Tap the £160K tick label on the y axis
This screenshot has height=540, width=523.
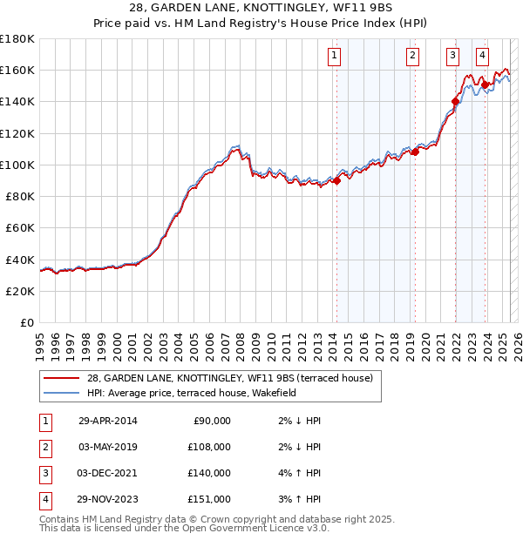click(x=17, y=70)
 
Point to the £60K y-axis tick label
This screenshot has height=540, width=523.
click(x=20, y=227)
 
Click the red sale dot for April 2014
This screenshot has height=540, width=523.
click(x=336, y=181)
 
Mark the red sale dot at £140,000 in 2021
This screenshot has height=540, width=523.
click(x=455, y=102)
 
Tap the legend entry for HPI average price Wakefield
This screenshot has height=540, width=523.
click(x=191, y=393)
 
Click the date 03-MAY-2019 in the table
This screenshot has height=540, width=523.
click(x=109, y=447)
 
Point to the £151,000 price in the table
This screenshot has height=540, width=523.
click(x=210, y=499)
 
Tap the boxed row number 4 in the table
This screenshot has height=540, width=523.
click(x=44, y=499)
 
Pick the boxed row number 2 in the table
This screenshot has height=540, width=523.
click(x=44, y=447)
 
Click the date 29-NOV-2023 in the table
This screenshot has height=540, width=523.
click(x=109, y=499)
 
